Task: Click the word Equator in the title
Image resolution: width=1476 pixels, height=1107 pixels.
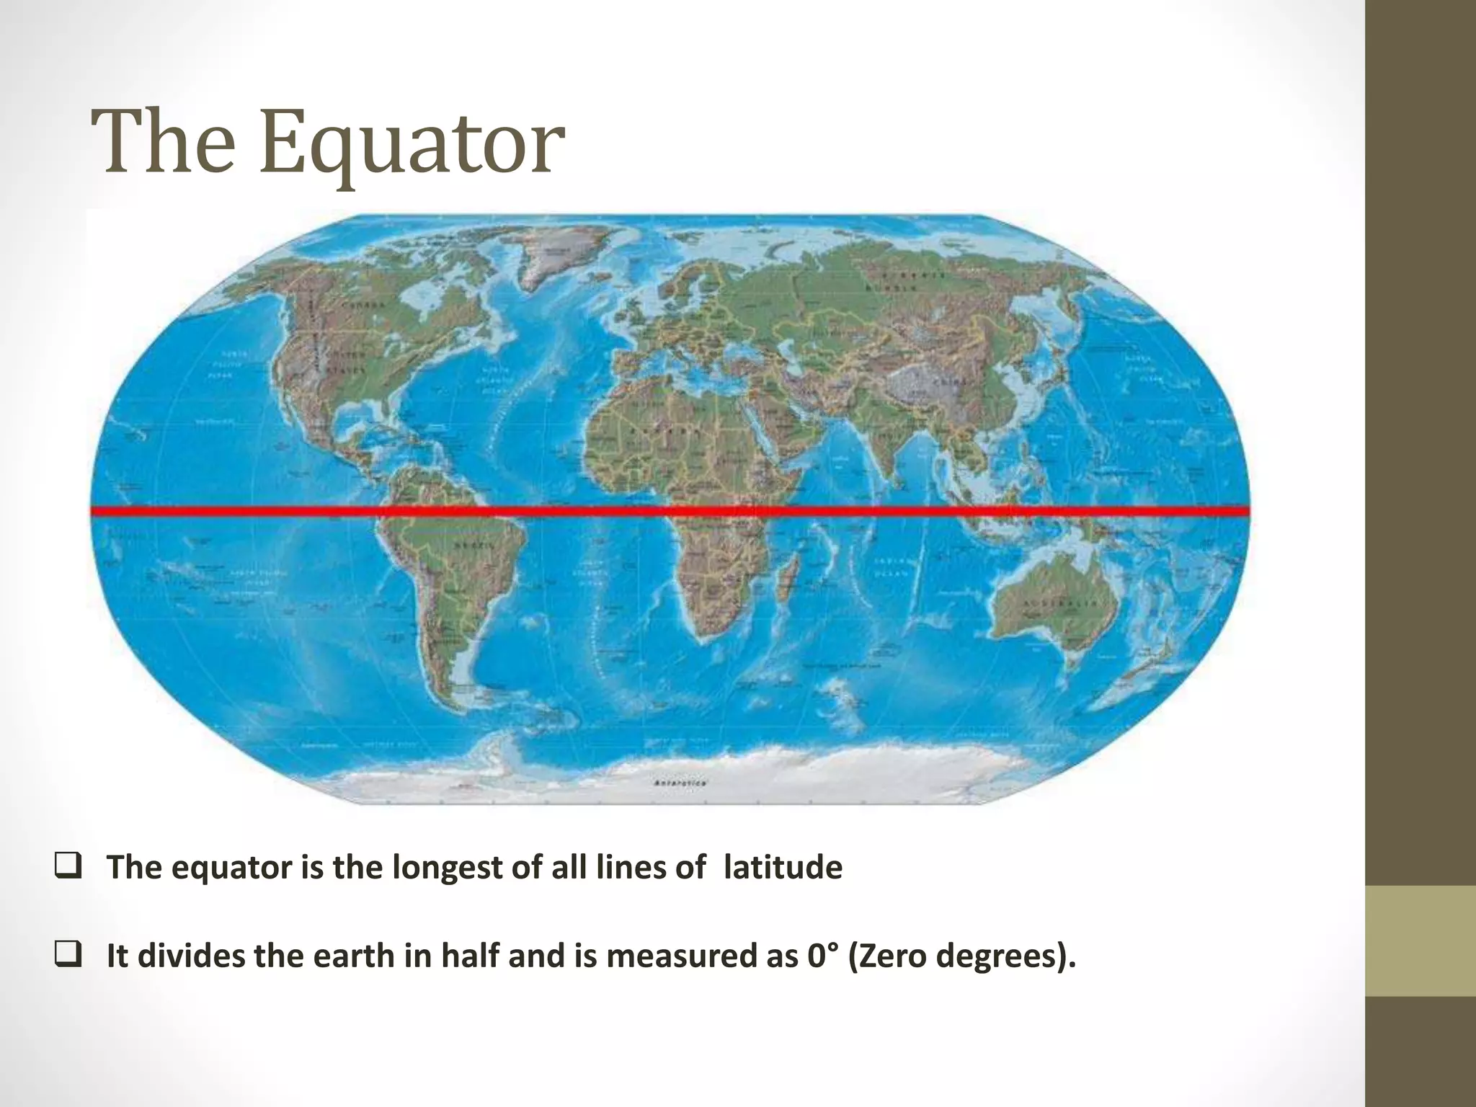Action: click(412, 144)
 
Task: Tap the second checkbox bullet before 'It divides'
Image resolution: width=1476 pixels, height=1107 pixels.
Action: click(67, 956)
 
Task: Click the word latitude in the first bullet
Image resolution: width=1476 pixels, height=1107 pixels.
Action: click(783, 866)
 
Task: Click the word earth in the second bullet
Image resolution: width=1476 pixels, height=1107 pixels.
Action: click(344, 956)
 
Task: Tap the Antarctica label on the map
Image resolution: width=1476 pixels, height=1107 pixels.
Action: click(680, 783)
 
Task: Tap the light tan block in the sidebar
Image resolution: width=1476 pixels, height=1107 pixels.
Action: click(1421, 941)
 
